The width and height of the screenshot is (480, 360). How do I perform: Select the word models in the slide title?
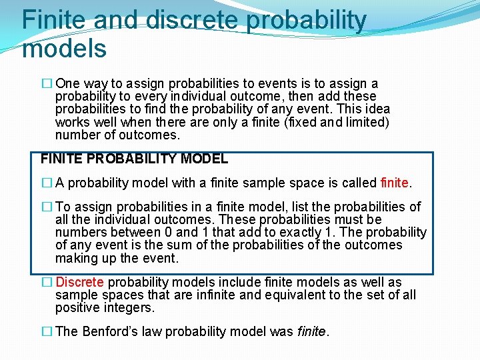[x=64, y=48]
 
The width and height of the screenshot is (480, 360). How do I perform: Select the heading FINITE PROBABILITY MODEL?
[x=134, y=159]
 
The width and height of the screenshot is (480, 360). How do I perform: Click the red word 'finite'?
[x=395, y=182]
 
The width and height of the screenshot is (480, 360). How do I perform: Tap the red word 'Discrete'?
[x=79, y=283]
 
